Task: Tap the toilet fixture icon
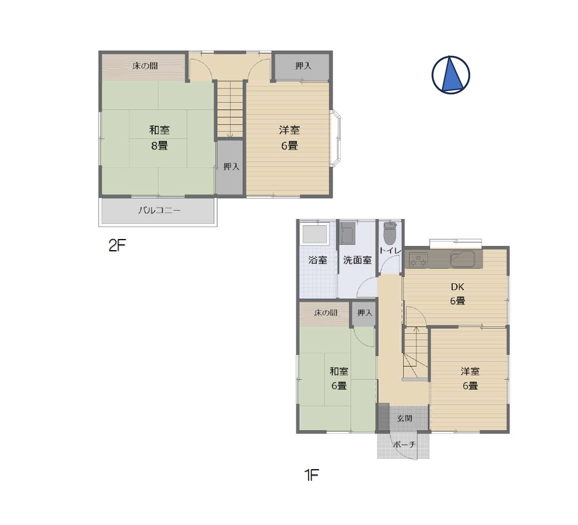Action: pyautogui.click(x=389, y=233)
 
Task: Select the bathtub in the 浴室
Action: pyautogui.click(x=315, y=234)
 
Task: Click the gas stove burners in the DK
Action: pyautogui.click(x=418, y=259)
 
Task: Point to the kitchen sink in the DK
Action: pyautogui.click(x=462, y=259)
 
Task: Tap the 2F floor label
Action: pyautogui.click(x=117, y=245)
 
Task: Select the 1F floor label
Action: pyautogui.click(x=312, y=475)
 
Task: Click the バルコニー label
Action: pyautogui.click(x=160, y=211)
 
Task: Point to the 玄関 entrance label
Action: pyautogui.click(x=404, y=419)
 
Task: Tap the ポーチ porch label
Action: pyautogui.click(x=404, y=444)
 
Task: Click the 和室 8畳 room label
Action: pyautogui.click(x=160, y=138)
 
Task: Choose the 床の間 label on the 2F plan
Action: pyautogui.click(x=145, y=66)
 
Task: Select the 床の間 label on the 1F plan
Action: pyautogui.click(x=325, y=313)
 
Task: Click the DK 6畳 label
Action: pyautogui.click(x=457, y=294)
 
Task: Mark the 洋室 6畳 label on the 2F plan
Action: pyautogui.click(x=290, y=138)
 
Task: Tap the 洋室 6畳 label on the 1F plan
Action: pyautogui.click(x=470, y=379)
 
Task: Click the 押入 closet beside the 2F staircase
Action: pyautogui.click(x=231, y=167)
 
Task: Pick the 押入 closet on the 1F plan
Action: pyautogui.click(x=365, y=314)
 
